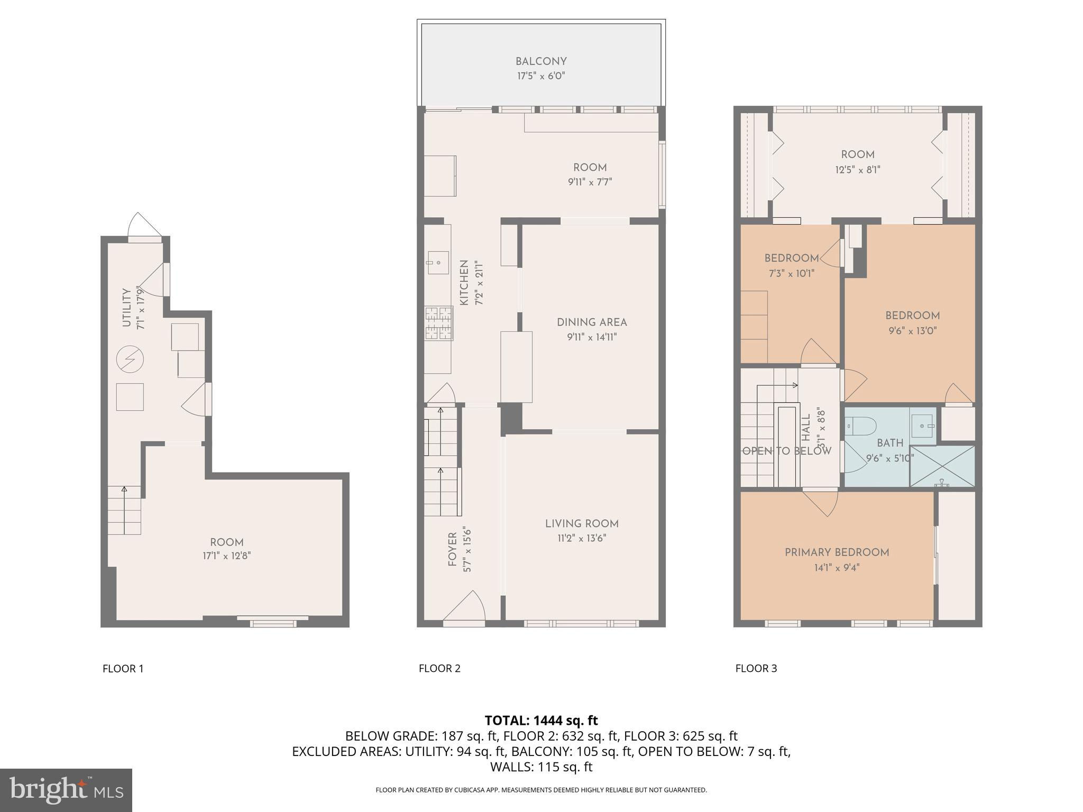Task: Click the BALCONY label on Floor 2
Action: pos(541,61)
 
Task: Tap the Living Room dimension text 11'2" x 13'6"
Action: pos(582,538)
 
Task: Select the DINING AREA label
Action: pos(592,322)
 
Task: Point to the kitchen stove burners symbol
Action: pos(438,323)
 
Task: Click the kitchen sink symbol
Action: pos(438,262)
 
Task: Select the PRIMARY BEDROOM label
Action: pos(837,552)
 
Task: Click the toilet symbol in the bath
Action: pos(860,425)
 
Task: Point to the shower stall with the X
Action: pos(942,466)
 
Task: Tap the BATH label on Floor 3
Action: pos(890,443)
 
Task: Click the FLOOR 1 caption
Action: pos(123,668)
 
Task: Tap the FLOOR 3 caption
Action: pos(756,668)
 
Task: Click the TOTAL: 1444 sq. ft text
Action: pos(541,720)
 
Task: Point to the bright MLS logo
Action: pos(66,790)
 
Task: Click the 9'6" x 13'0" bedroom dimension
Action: pos(912,331)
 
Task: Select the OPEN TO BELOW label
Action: pos(786,451)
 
